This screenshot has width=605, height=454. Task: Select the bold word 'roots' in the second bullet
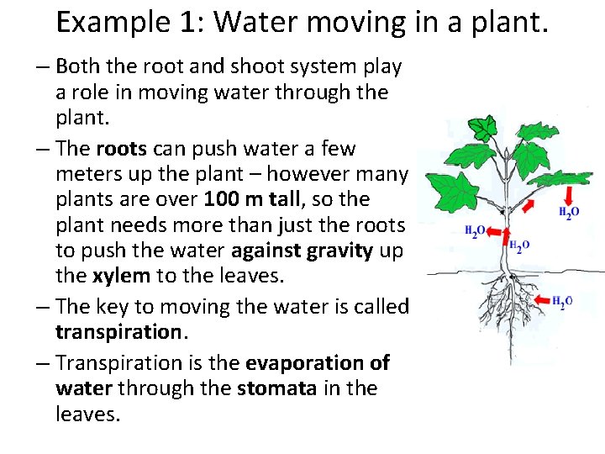(122, 149)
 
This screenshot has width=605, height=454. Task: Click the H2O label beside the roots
(562, 301)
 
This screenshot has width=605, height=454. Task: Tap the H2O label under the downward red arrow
(569, 214)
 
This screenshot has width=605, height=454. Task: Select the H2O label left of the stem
(476, 232)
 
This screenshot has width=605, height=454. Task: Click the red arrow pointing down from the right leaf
(567, 194)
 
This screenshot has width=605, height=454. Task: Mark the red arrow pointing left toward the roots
(538, 299)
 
